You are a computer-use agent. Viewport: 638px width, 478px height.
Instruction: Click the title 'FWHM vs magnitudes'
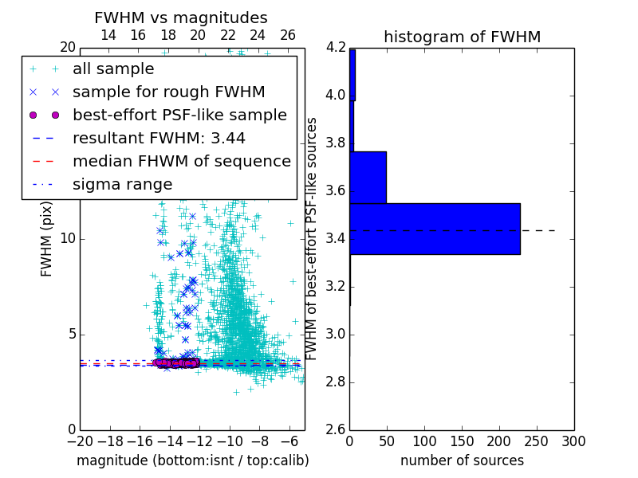point(181,18)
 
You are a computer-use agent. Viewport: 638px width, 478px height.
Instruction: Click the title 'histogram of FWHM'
point(462,37)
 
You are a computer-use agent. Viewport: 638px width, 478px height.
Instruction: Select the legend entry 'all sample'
point(113,69)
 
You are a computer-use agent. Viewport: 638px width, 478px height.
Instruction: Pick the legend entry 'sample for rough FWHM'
point(168,92)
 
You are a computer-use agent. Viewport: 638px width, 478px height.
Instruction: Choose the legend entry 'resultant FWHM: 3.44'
point(159,138)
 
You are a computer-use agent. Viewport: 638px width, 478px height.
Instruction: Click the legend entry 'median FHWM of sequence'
point(181,161)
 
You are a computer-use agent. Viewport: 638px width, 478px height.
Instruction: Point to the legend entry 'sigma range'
point(122,184)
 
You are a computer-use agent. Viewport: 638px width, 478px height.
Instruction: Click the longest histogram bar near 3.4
point(435,229)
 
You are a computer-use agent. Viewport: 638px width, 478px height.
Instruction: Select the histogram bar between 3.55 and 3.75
point(368,177)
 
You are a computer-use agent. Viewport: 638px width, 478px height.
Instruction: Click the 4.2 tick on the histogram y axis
point(336,48)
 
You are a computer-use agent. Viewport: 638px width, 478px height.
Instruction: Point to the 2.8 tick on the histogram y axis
point(336,382)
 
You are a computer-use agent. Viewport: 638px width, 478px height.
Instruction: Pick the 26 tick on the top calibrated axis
point(288,35)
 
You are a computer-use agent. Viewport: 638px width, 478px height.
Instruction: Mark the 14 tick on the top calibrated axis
point(108,35)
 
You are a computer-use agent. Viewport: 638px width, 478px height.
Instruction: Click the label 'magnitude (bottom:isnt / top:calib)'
point(192,460)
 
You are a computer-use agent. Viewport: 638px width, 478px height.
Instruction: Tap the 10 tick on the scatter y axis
point(67,239)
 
